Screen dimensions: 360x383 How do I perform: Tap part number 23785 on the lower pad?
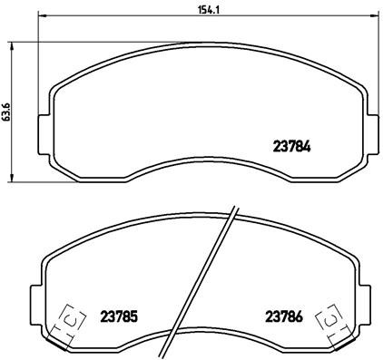119,316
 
